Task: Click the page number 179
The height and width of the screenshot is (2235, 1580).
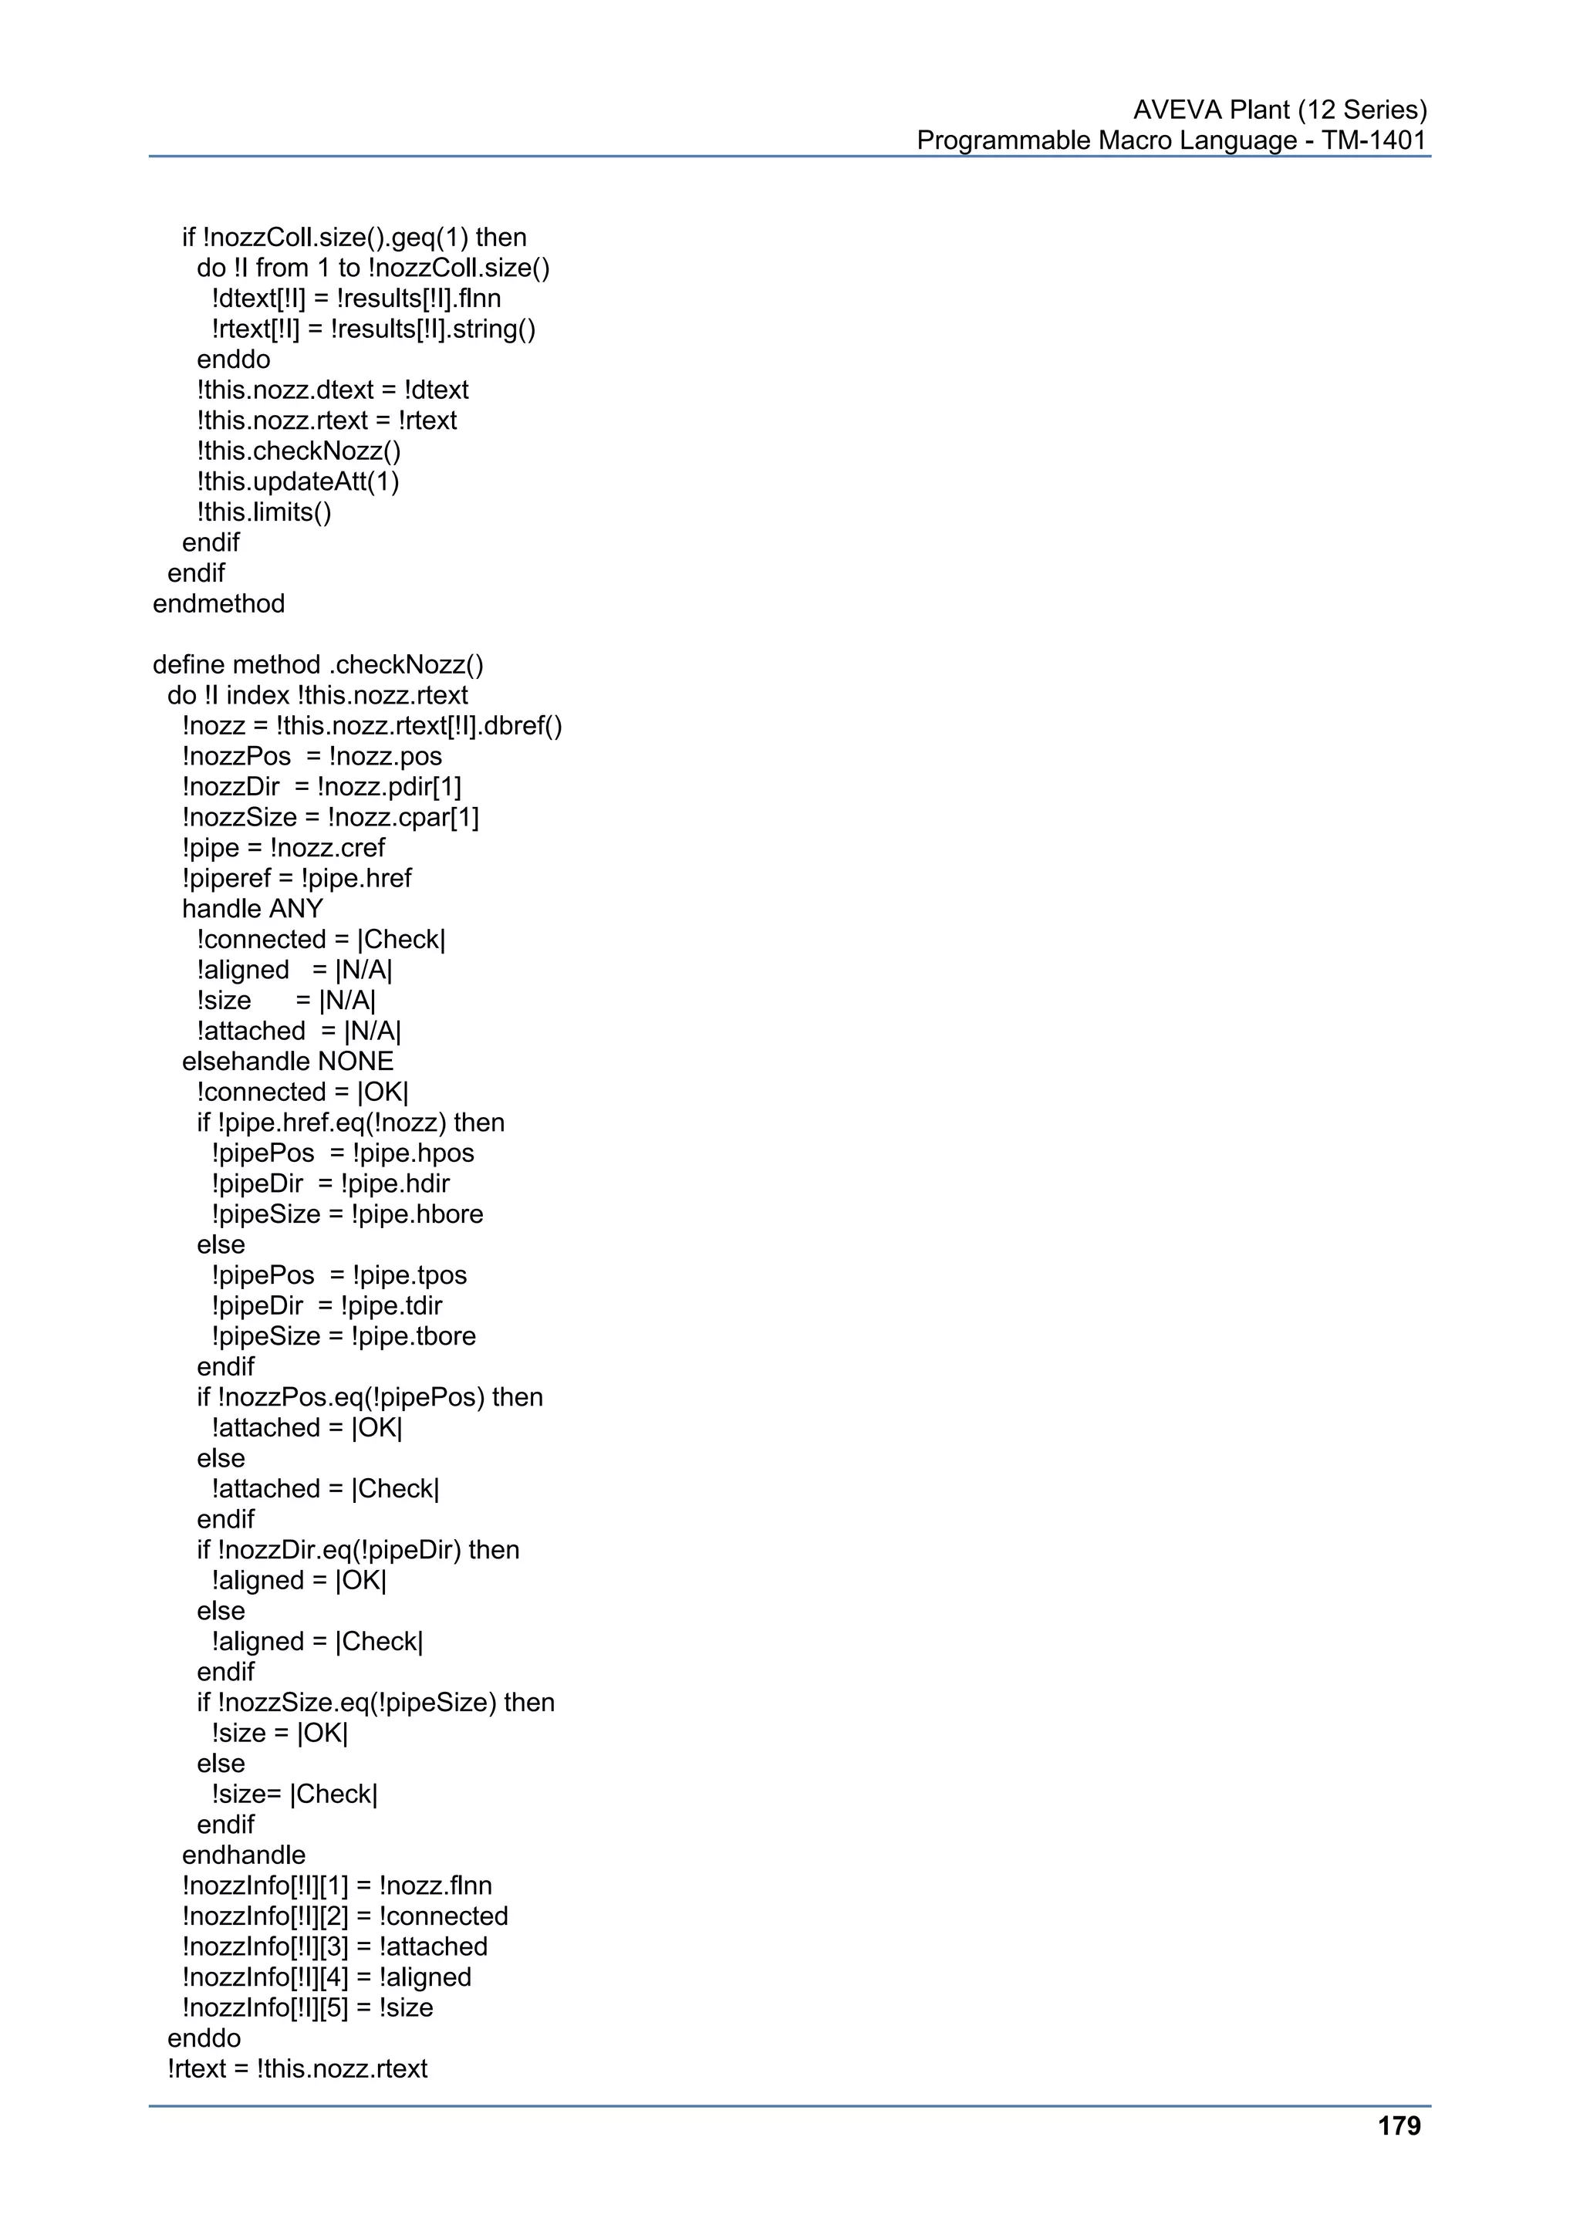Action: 1399,2126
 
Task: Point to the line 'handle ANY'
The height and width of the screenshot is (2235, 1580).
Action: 252,909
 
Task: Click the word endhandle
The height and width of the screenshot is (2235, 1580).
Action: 243,1855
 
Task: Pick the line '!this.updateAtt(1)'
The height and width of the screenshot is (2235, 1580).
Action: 298,482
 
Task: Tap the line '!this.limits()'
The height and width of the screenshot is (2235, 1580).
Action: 264,512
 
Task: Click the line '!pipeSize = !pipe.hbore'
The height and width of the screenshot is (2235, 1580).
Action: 346,1214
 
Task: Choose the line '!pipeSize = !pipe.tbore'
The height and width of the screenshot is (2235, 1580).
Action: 343,1335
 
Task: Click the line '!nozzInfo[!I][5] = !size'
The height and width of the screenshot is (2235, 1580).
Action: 308,2007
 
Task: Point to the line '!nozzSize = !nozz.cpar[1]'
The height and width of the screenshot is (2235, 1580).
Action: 330,817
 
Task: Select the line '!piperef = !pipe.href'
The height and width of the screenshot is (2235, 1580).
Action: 296,878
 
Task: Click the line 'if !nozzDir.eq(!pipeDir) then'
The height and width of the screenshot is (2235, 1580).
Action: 357,1550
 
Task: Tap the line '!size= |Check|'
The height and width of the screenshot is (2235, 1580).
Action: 294,1794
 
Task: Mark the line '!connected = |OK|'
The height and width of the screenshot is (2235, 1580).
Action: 302,1092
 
